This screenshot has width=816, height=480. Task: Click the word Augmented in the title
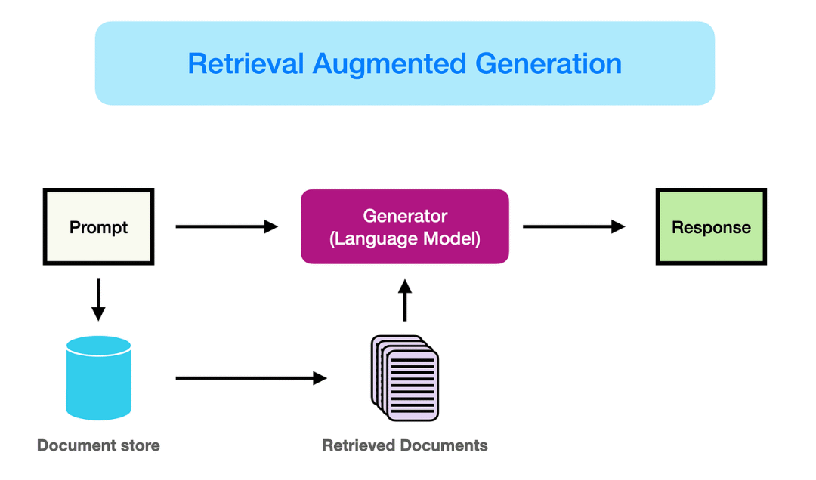click(x=390, y=63)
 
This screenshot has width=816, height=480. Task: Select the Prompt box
click(x=98, y=226)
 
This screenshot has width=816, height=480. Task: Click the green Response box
click(x=711, y=226)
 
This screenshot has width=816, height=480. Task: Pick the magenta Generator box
click(x=405, y=226)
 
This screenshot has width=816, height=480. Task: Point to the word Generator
click(x=405, y=216)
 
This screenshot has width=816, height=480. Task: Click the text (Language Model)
click(x=405, y=239)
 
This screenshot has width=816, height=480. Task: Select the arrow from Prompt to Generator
click(x=226, y=226)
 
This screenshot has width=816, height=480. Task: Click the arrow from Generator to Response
click(x=573, y=226)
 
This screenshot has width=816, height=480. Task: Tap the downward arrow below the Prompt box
click(x=98, y=299)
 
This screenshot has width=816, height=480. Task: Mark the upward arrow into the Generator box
click(x=405, y=300)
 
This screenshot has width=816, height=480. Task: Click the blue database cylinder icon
click(x=98, y=377)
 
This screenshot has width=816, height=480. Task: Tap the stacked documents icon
click(x=405, y=377)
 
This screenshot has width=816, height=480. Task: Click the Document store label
click(x=98, y=445)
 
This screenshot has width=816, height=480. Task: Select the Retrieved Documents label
click(x=405, y=445)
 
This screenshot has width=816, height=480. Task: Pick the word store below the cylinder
click(x=141, y=445)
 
